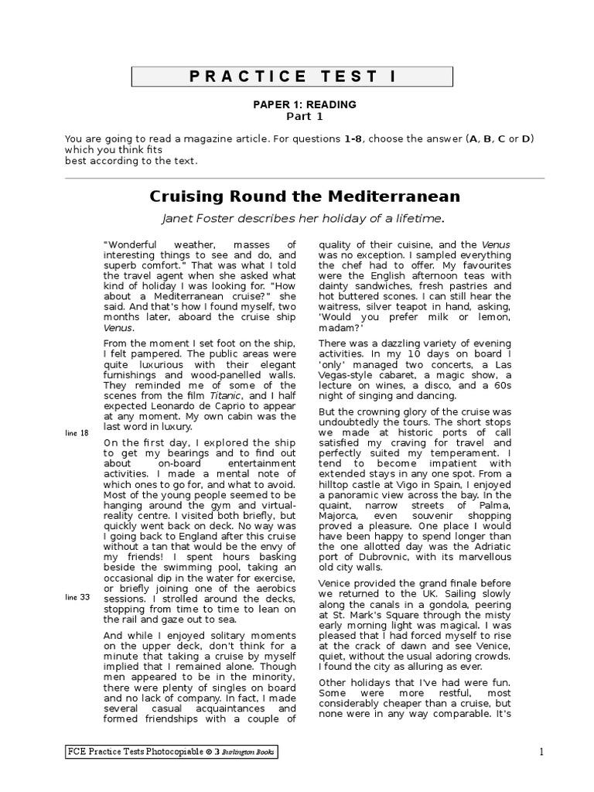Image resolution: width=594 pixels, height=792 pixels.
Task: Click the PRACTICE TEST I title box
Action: point(292,77)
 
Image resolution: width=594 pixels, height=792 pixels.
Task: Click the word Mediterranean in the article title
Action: point(384,196)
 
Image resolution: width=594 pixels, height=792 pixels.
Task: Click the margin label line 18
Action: point(77,432)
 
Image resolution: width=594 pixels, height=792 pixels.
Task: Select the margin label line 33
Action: point(77,597)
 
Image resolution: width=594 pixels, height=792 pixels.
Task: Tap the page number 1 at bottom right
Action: point(541,752)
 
